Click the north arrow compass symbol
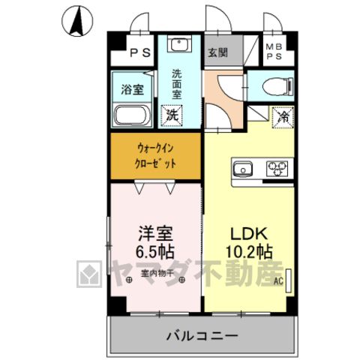point(77,21)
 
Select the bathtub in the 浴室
point(132,115)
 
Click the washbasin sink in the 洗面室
point(179,44)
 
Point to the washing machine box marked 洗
point(172,115)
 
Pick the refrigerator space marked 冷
point(283,117)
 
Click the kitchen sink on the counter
point(243,169)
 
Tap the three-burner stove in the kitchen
point(277,169)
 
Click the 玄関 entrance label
point(218,52)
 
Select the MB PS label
point(274,52)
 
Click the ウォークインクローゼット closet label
point(155,156)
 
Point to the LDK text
point(249,233)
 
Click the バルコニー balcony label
point(202,335)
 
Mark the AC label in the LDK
point(278,281)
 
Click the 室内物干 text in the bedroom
point(157,273)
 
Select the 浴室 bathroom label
point(133,89)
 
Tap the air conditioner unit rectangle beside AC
point(288,280)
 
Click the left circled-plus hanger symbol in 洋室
point(129,280)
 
